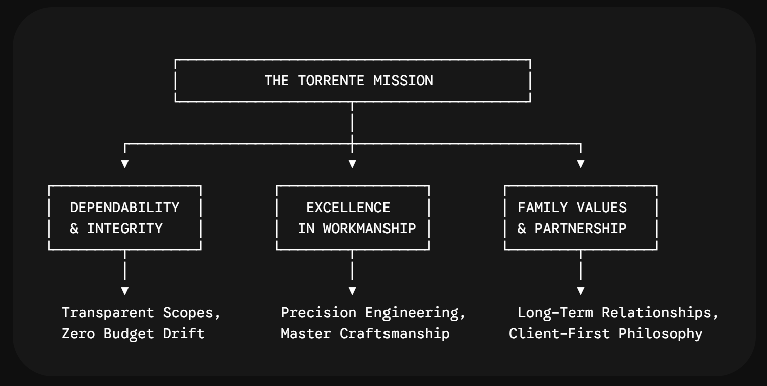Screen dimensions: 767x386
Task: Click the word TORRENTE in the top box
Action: tap(331, 81)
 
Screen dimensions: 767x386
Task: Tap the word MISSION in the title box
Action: tap(403, 81)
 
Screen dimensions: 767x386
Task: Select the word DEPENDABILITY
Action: tap(124, 208)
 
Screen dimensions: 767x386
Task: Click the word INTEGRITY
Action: tap(124, 229)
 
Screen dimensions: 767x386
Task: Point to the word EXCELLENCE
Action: tap(348, 208)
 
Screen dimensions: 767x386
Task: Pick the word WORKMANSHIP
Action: tap(369, 229)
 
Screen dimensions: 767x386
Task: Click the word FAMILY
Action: tap(543, 208)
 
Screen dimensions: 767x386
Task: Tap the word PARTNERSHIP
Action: tap(580, 229)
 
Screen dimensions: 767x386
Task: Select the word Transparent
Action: tap(108, 313)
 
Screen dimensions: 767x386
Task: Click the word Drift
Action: tap(184, 334)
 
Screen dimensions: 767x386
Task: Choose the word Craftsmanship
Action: tap(395, 334)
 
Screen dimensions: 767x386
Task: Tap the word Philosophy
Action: tap(661, 334)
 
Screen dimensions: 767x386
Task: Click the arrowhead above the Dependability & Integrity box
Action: tap(125, 164)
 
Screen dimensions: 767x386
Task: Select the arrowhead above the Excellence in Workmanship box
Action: tap(352, 164)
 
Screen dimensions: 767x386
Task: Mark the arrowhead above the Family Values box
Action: tap(580, 164)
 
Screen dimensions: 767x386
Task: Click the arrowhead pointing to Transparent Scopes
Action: tap(125, 291)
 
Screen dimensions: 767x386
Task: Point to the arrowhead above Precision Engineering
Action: tap(352, 291)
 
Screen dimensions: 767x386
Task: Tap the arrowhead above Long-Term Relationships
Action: tap(580, 291)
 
